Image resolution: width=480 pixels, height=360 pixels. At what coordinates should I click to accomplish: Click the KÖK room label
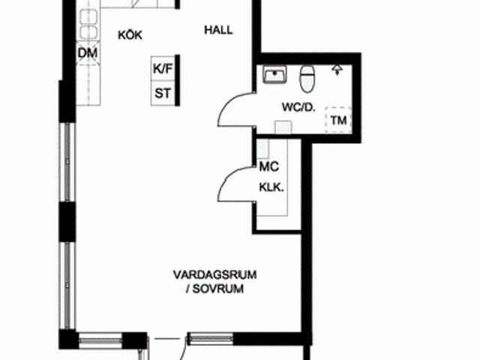(130, 35)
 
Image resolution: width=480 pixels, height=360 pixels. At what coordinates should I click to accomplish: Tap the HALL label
(218, 30)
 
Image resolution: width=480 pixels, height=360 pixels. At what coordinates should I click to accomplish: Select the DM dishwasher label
(88, 53)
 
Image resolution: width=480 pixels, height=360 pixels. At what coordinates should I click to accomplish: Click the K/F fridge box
(163, 68)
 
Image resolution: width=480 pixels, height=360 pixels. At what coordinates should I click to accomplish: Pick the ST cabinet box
(163, 93)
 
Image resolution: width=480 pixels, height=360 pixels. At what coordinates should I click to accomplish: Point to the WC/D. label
(298, 107)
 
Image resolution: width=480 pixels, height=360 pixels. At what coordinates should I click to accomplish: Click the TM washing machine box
(338, 120)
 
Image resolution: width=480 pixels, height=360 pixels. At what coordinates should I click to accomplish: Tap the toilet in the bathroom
(307, 79)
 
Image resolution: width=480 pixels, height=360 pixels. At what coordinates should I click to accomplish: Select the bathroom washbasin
(274, 74)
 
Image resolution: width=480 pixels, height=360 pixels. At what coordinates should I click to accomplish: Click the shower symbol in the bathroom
(337, 70)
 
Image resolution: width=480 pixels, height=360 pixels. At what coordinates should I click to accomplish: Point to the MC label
(269, 166)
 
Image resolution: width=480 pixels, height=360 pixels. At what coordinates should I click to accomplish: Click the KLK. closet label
(271, 187)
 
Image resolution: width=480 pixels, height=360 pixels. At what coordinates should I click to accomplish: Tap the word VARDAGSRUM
(215, 274)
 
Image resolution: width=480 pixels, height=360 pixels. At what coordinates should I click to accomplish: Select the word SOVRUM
(218, 289)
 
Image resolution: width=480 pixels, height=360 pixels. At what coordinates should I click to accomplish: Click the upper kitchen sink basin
(88, 16)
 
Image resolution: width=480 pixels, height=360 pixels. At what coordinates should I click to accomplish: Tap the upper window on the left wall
(67, 162)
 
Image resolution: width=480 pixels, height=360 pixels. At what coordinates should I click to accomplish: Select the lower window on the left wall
(67, 285)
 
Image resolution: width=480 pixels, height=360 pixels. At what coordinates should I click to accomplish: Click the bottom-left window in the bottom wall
(100, 339)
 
